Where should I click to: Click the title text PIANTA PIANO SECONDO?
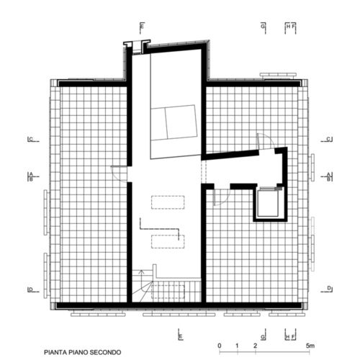83,352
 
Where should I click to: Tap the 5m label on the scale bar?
310,346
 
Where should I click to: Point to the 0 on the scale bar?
220,346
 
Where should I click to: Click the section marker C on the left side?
31,139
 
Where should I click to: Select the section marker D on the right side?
329,288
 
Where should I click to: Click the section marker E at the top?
142,26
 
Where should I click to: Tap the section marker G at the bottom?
263,337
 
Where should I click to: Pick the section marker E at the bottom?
181,336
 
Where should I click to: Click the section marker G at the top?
263,26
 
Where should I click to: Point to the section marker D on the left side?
31,289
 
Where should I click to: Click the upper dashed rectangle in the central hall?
168,202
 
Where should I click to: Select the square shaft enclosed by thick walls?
269,202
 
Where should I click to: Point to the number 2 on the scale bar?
255,346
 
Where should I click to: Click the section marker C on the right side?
328,139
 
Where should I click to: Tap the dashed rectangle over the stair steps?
168,292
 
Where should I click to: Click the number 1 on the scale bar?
237,346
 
